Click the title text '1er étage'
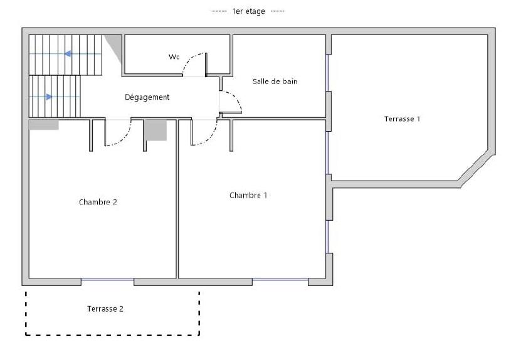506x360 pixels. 248,11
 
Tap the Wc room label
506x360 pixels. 174,57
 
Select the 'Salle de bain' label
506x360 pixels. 275,82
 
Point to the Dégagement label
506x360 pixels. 147,97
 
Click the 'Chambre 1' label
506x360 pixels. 248,195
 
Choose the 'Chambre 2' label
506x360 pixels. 98,202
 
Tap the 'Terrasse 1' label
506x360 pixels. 402,119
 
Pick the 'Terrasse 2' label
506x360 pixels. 105,309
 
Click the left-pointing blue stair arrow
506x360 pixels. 68,54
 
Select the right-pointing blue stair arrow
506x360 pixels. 49,97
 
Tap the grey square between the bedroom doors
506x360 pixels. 155,130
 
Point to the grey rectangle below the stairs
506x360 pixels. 43,125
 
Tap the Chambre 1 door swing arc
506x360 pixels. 211,138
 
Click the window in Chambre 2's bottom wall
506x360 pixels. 107,279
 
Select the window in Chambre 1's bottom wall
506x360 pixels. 280,279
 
